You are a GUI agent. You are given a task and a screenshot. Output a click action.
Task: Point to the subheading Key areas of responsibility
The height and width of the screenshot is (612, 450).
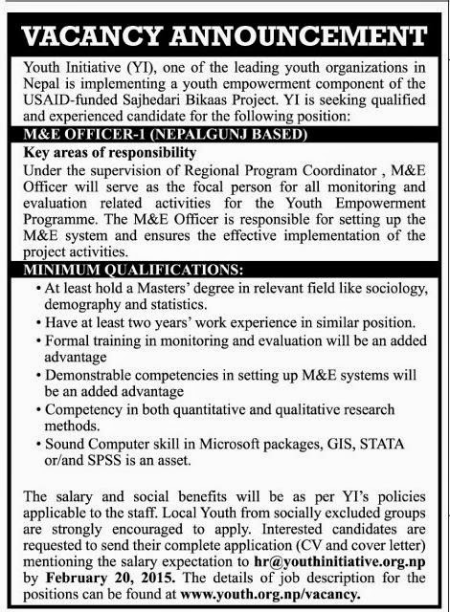pos(108,152)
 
